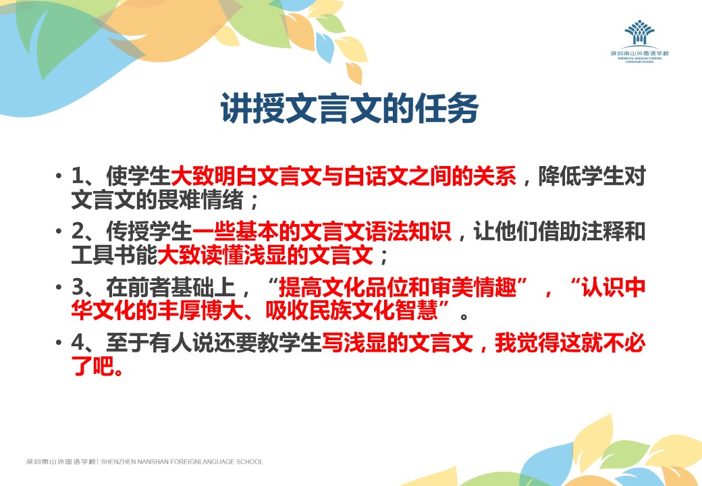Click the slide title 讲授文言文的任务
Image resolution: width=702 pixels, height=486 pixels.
coord(350,108)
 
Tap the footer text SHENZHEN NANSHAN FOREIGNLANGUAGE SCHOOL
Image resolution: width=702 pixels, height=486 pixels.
coord(182,462)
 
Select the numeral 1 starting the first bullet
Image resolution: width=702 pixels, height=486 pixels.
coord(78,176)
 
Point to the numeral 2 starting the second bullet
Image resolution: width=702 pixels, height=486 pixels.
coord(78,232)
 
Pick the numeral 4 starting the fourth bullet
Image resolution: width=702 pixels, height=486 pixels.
coord(78,343)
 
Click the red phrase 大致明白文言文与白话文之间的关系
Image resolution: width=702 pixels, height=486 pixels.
coord(344,176)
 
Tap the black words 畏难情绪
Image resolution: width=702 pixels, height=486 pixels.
coord(200,200)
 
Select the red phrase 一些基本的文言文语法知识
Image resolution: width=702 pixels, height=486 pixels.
coord(322,232)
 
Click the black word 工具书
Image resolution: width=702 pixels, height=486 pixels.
coord(103,255)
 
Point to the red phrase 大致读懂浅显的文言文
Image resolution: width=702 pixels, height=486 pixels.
coord(265,255)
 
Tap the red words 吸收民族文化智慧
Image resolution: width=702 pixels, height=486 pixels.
coord(352,310)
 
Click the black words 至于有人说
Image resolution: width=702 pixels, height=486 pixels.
coord(160,343)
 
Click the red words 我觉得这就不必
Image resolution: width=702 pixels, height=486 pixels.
coord(570,343)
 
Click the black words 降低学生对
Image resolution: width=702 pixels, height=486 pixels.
coord(592,176)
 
